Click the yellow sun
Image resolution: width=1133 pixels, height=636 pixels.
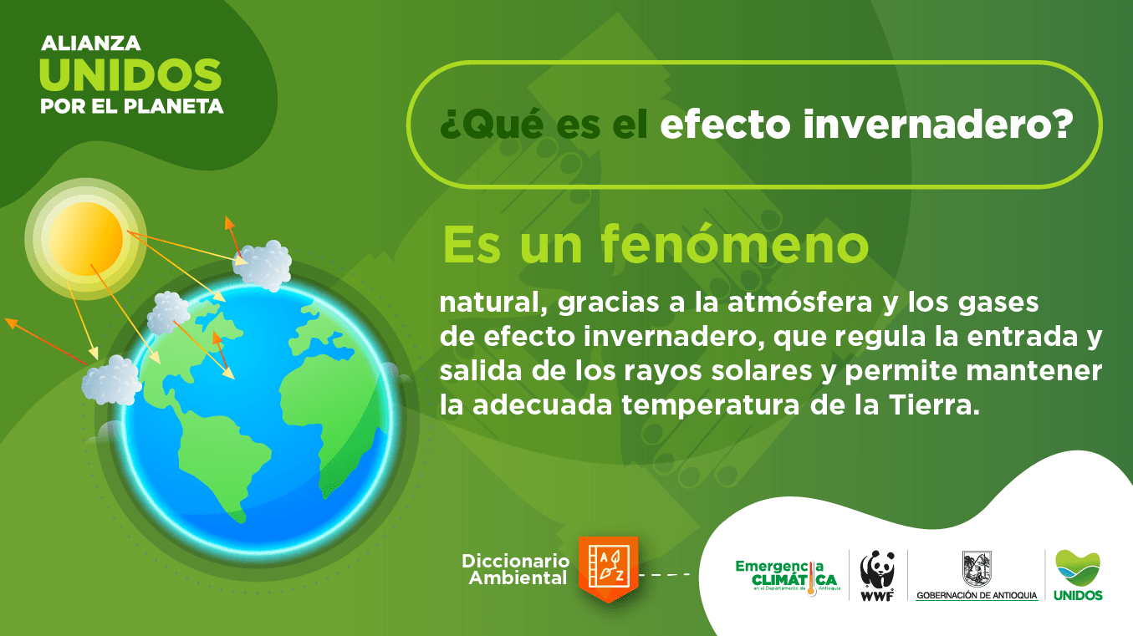[85, 239]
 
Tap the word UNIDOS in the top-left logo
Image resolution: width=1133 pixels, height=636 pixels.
[130, 75]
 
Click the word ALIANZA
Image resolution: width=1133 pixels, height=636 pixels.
[90, 43]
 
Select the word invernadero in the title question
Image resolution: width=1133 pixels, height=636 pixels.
[938, 125]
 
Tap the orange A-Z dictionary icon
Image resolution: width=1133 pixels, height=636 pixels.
[608, 569]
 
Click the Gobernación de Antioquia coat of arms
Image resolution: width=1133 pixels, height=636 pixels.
[977, 569]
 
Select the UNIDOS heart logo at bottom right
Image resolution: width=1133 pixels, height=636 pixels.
[1077, 575]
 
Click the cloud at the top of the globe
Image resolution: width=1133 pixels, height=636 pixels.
[263, 266]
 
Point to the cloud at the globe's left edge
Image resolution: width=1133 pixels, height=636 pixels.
[112, 380]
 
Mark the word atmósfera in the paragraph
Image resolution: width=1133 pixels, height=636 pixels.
[800, 303]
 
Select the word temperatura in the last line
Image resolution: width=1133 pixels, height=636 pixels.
[711, 406]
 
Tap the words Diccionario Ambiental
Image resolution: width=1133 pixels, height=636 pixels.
[516, 569]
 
